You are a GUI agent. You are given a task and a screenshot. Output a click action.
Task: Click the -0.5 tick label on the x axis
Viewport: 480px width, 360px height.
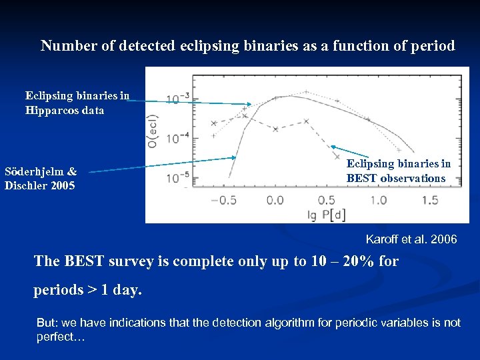click(223, 200)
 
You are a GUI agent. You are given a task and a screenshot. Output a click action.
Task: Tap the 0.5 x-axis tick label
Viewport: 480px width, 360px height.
click(327, 200)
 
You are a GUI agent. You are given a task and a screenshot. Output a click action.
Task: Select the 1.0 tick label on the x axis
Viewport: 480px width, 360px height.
click(378, 200)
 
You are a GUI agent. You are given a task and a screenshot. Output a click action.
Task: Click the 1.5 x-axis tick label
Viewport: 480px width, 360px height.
click(430, 200)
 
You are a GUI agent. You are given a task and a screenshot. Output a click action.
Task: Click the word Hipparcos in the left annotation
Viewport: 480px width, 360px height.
click(53, 111)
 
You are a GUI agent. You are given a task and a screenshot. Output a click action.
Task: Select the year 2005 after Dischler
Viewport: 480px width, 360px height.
click(62, 185)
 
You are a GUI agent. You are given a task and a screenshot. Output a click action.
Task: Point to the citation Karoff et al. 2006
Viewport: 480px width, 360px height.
click(411, 239)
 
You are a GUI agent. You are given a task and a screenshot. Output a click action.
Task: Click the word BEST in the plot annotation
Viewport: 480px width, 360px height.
click(361, 179)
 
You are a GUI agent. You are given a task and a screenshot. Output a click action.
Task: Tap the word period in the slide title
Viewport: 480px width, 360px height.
click(433, 46)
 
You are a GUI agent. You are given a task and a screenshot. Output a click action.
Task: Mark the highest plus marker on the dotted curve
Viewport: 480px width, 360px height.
click(305, 92)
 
